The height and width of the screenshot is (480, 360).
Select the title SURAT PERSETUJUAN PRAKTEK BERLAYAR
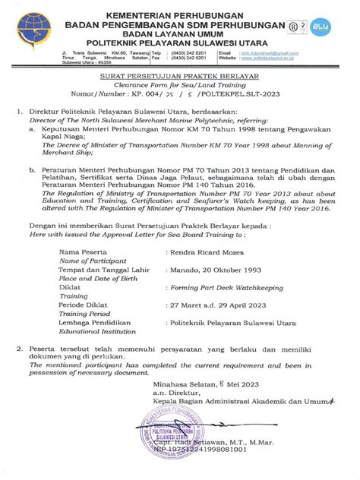pos(180,77)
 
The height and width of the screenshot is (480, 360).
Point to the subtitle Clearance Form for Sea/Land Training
pos(180,87)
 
